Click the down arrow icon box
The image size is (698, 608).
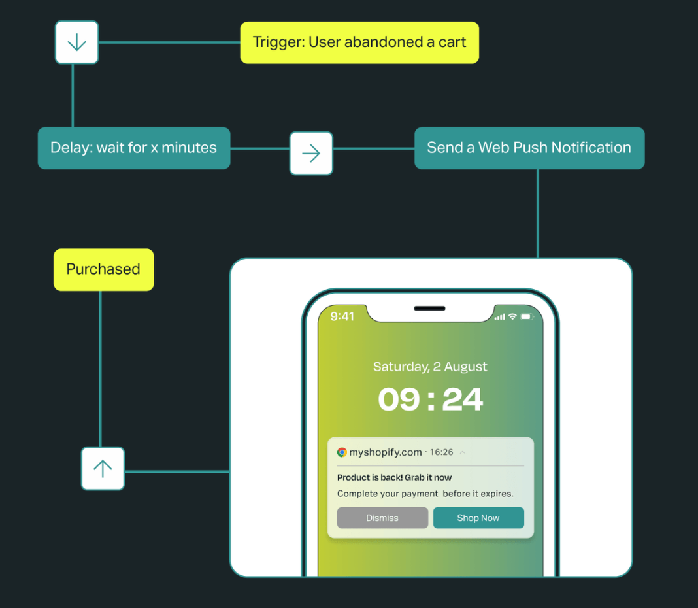tap(76, 42)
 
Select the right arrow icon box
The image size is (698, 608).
tap(311, 154)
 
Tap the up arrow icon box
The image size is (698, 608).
tap(103, 468)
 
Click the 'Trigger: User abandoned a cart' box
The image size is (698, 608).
tap(359, 42)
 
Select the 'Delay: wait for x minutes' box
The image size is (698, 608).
tap(134, 148)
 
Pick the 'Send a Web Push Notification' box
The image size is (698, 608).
tap(529, 148)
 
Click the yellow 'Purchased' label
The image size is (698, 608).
tap(103, 269)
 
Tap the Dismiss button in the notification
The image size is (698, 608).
tap(382, 518)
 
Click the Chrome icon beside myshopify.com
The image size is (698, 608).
tap(342, 452)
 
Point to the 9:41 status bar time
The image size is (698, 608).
tap(342, 317)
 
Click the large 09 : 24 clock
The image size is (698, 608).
tap(431, 399)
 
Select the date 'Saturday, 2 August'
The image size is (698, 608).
tap(430, 367)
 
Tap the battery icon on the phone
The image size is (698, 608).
tap(527, 317)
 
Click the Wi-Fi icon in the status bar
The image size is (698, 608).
tap(513, 317)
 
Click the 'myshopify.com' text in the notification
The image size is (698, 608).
tap(386, 452)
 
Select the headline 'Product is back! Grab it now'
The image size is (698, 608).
tap(394, 477)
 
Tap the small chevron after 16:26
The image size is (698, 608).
tap(463, 452)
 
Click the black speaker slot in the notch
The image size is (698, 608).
tap(429, 309)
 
